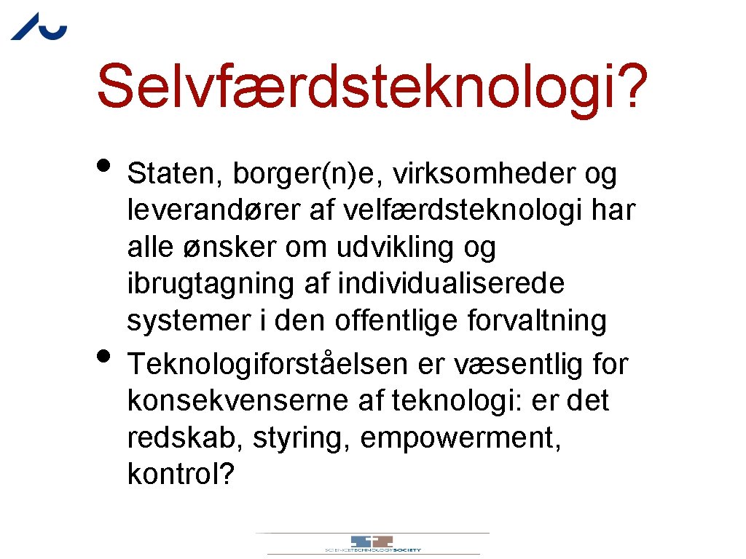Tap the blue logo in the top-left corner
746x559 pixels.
click(x=39, y=27)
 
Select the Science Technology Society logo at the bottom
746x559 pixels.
click(x=372, y=544)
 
